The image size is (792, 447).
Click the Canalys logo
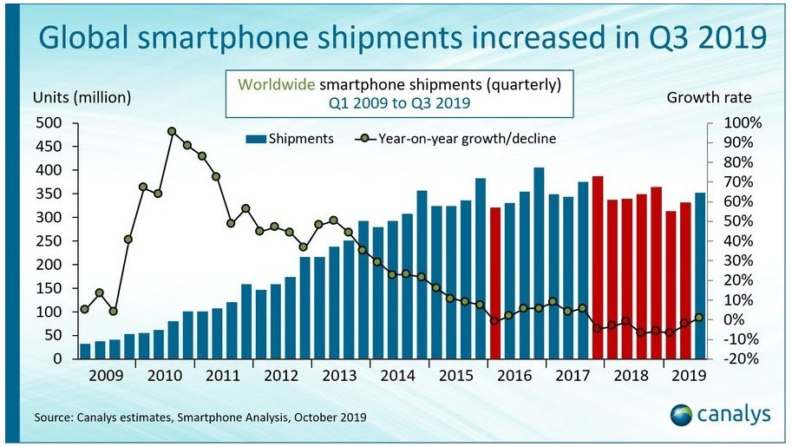click(x=720, y=415)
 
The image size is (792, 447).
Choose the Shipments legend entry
click(x=290, y=139)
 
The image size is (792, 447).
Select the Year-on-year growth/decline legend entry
click(x=455, y=139)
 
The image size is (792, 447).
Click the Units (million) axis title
click(x=82, y=97)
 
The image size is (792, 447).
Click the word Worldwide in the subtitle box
click(x=278, y=85)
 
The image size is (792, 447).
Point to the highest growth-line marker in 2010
click(x=172, y=132)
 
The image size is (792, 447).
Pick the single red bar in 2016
click(x=495, y=282)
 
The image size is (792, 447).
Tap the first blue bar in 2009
click(x=85, y=351)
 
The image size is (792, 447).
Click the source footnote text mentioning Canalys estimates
click(x=200, y=417)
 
